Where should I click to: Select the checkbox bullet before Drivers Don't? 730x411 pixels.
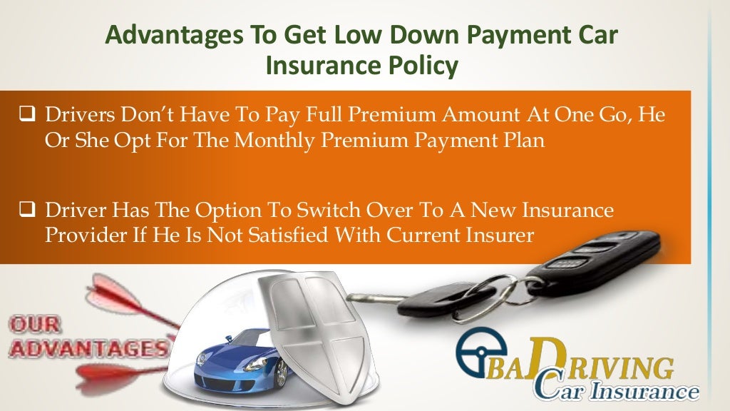(x=27, y=113)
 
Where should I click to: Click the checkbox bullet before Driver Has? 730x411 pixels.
(x=27, y=210)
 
